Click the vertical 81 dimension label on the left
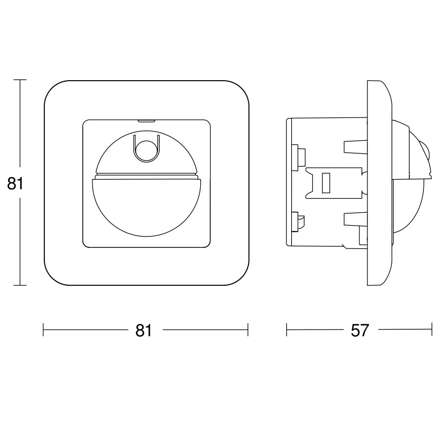(15, 183)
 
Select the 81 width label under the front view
(143, 330)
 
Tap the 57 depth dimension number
(360, 330)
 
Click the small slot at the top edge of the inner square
(146, 121)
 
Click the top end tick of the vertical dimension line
(20, 80)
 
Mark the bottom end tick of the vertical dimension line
(20, 285)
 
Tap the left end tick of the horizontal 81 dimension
(43, 330)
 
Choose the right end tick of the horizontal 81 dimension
(248, 330)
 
